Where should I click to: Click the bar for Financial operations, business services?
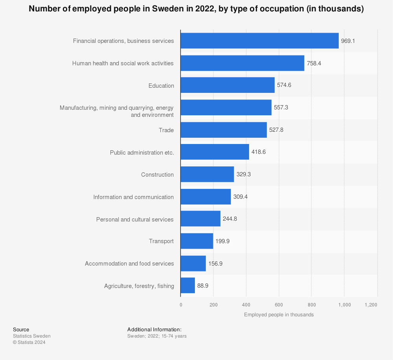(x=259, y=41)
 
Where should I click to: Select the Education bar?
(x=228, y=85)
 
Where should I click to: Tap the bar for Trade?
(x=224, y=130)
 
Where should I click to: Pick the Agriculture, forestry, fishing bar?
(x=188, y=286)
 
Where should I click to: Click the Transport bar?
(x=197, y=241)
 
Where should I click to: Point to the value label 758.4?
(x=314, y=63)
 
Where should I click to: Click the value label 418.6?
(x=259, y=152)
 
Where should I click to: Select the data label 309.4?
(x=241, y=197)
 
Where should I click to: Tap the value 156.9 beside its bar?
(x=215, y=264)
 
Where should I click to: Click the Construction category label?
(x=157, y=175)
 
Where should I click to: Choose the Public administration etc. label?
(x=142, y=152)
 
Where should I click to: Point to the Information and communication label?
(x=133, y=197)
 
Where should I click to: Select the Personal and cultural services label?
(x=135, y=220)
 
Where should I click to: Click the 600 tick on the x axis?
(x=279, y=305)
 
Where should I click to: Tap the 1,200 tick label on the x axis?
(x=371, y=305)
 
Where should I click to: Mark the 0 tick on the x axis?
(x=181, y=305)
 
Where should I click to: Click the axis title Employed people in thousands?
(x=279, y=315)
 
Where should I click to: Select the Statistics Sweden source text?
(x=32, y=336)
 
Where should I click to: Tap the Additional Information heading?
(x=154, y=329)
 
